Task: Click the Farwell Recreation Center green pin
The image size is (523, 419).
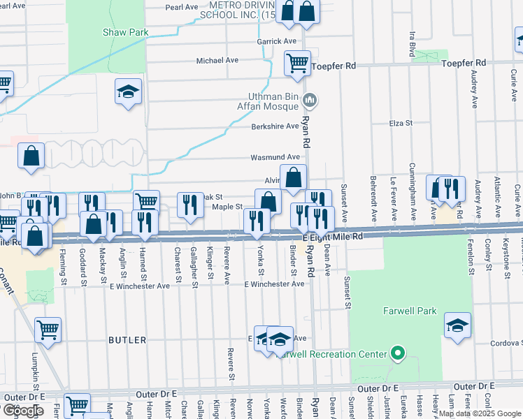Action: click(398, 353)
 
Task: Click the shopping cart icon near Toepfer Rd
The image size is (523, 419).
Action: click(297, 63)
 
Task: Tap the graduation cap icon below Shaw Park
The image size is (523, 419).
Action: click(128, 91)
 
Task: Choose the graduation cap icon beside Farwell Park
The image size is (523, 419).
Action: click(457, 325)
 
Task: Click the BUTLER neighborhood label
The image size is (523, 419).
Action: click(127, 340)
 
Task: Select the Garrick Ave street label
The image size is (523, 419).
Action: click(276, 41)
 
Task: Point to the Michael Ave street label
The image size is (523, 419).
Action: click(217, 60)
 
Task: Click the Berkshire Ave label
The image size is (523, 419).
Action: click(275, 126)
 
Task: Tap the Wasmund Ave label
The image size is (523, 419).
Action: click(275, 157)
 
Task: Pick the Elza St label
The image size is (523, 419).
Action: click(401, 123)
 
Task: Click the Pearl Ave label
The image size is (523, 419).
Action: click(182, 7)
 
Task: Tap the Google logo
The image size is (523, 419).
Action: click(22, 411)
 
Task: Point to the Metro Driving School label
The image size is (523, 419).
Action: click(238, 9)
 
